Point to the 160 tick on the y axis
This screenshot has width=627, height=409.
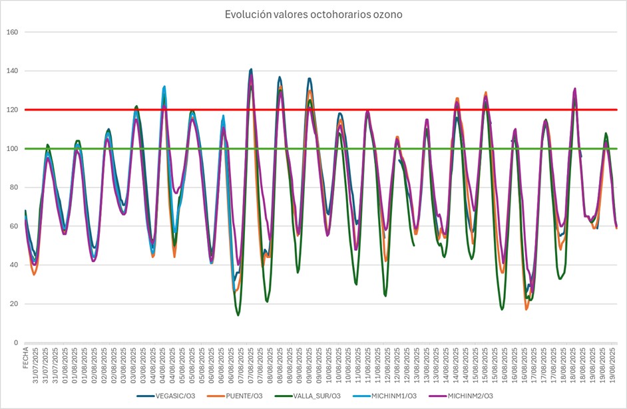tap(11, 32)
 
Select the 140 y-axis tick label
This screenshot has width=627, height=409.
tap(11, 71)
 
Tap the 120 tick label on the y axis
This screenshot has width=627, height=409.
tap(11, 110)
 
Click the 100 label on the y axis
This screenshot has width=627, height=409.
tap(11, 149)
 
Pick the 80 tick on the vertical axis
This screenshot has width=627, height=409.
tap(13, 188)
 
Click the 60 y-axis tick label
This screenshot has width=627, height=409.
tap(13, 226)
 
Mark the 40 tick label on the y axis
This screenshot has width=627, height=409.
tap(13, 265)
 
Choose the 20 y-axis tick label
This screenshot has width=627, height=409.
tap(13, 304)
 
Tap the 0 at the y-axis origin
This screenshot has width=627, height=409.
tap(15, 342)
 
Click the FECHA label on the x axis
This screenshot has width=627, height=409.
tap(27, 359)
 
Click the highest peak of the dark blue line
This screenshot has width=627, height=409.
tap(251, 69)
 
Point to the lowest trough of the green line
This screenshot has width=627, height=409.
tap(238, 315)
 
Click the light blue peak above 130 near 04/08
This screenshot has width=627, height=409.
tap(164, 86)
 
